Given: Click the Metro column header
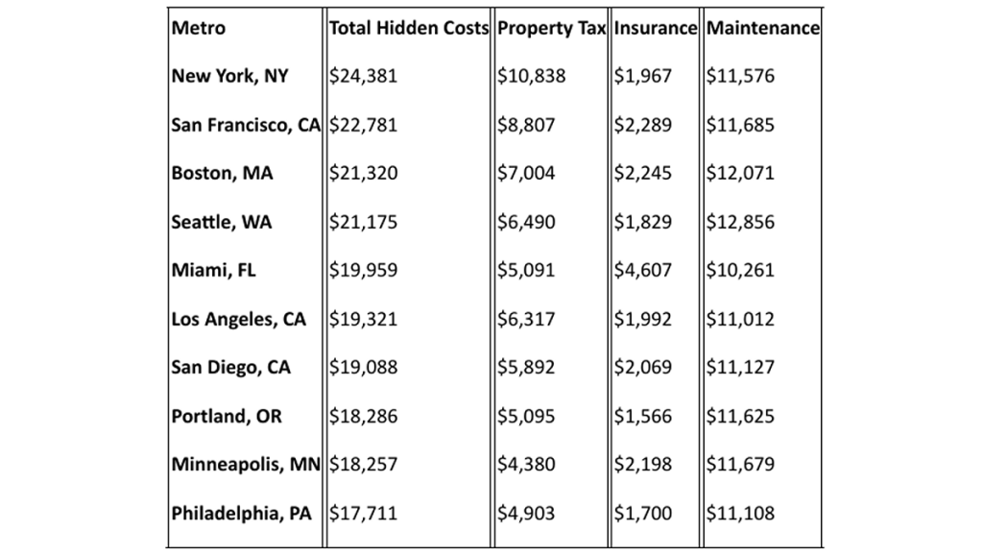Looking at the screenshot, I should click(199, 28).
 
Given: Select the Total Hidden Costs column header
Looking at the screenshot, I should click(409, 28).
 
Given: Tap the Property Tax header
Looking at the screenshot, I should click(551, 28).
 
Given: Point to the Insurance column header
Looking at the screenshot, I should click(655, 28).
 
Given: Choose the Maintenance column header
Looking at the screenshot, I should click(763, 28).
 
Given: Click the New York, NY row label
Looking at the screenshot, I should click(229, 76).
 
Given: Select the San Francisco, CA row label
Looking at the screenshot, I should click(246, 125).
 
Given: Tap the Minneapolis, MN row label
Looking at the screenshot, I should click(246, 465).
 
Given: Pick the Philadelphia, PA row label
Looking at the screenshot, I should click(242, 514).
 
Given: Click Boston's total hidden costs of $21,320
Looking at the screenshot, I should click(363, 174).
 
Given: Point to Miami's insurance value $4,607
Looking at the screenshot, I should click(643, 271).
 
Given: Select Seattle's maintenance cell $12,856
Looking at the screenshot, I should click(740, 222).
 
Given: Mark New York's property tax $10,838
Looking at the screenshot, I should click(532, 76).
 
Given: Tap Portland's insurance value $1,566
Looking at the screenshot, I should click(643, 417).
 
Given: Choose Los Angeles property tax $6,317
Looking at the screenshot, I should click(526, 320).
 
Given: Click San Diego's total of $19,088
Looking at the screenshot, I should click(363, 368).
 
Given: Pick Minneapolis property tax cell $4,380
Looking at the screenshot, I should click(526, 465).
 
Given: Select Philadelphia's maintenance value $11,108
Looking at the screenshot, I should click(740, 514).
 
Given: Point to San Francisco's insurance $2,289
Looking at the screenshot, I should click(643, 125).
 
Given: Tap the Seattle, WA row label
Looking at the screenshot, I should click(222, 222).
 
